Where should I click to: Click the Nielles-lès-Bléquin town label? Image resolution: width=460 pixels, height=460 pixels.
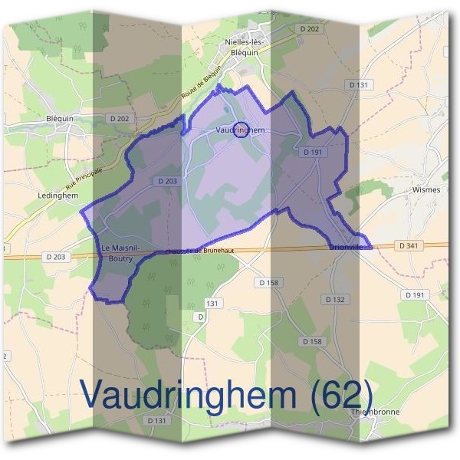point(245,48)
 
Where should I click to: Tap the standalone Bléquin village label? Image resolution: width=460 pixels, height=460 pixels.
point(59,119)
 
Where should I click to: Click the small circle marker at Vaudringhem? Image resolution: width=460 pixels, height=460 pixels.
point(240,130)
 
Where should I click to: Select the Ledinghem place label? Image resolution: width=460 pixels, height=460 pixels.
point(58,195)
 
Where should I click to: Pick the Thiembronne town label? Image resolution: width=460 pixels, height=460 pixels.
point(375,412)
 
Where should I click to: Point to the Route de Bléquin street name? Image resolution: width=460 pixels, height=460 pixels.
point(202,87)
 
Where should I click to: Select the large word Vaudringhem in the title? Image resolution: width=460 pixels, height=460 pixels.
point(189,395)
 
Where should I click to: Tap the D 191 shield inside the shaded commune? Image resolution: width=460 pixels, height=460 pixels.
point(313,153)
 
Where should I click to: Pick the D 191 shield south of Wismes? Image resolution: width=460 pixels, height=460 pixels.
point(414,295)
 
